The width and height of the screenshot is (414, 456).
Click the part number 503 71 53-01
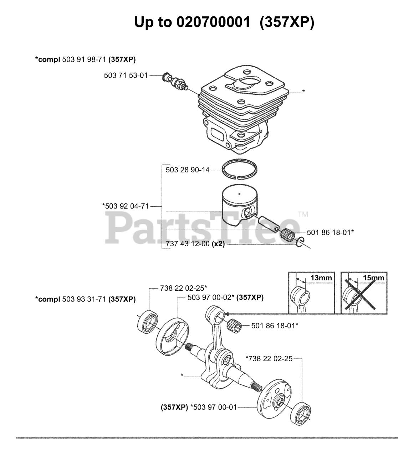126,76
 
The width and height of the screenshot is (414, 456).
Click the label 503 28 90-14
188,170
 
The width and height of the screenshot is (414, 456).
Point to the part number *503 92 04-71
126,206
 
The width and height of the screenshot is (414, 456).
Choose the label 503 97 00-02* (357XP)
225,297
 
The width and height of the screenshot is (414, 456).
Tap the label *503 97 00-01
214,407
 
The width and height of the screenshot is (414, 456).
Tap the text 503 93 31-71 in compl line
84,299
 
